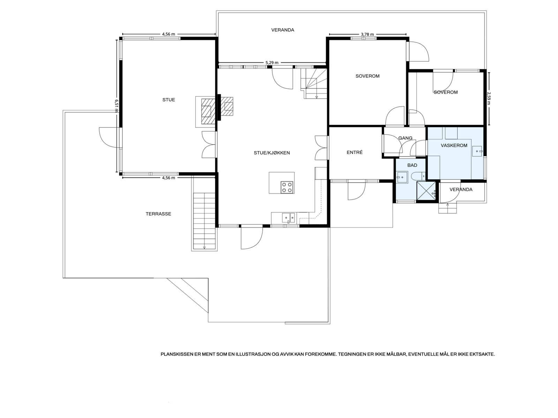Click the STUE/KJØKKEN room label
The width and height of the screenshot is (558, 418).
click(x=272, y=153)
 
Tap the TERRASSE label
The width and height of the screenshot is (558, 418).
click(x=158, y=214)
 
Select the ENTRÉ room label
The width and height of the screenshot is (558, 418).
click(x=355, y=152)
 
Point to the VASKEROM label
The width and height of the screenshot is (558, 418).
click(x=454, y=145)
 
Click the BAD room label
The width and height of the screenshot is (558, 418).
click(x=412, y=165)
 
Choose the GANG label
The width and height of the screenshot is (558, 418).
click(x=405, y=138)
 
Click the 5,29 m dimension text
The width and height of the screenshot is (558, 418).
click(x=272, y=63)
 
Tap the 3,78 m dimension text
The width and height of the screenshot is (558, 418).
click(x=367, y=34)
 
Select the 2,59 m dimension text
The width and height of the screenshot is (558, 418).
click(x=489, y=98)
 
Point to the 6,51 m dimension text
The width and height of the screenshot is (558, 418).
click(x=116, y=106)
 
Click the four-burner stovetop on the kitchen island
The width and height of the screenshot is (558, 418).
click(x=287, y=187)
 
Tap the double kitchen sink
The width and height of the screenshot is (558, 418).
click(x=288, y=218)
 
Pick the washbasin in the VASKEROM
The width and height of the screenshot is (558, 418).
click(x=477, y=151)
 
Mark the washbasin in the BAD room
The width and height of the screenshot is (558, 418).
click(x=402, y=177)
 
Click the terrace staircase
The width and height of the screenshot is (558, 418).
click(x=204, y=221)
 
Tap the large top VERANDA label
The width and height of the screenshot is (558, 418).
click(x=283, y=30)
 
